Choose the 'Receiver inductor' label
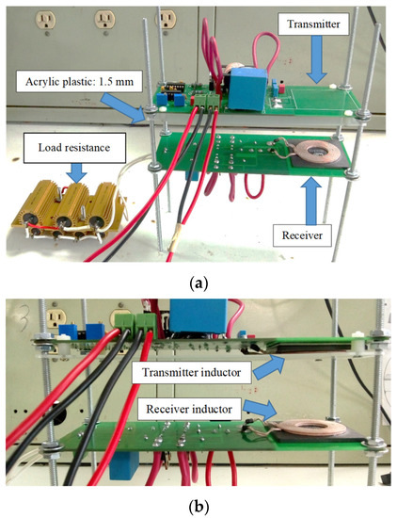coord(193,411)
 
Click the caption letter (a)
coord(198,280)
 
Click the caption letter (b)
coord(198,506)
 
